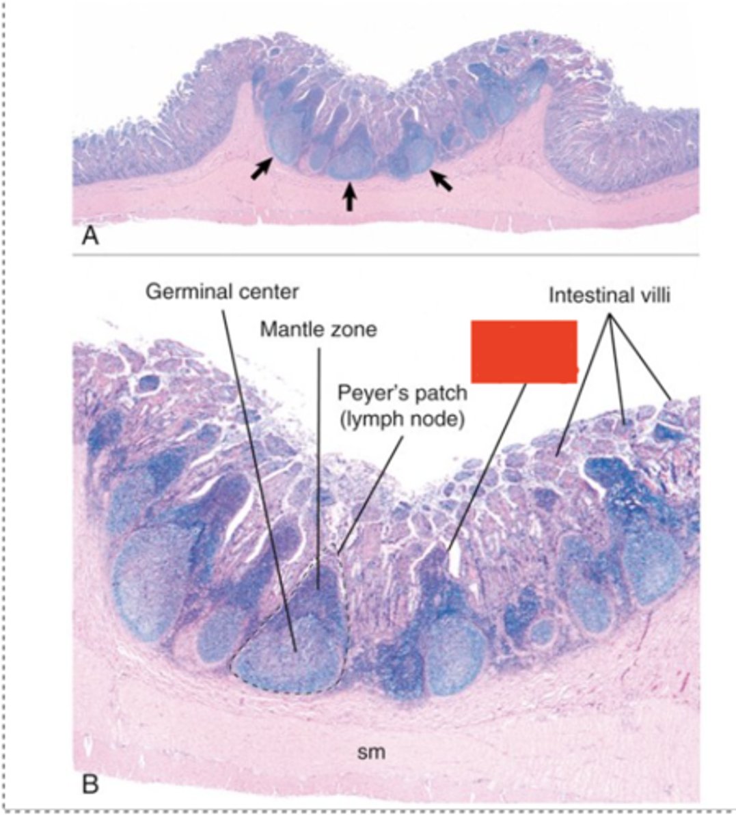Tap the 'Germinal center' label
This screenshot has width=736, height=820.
[222, 292]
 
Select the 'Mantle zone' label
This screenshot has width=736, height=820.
[318, 330]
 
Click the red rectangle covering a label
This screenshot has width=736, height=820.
[524, 351]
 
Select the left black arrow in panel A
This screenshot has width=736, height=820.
[260, 168]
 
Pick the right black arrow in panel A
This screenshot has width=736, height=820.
[440, 180]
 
